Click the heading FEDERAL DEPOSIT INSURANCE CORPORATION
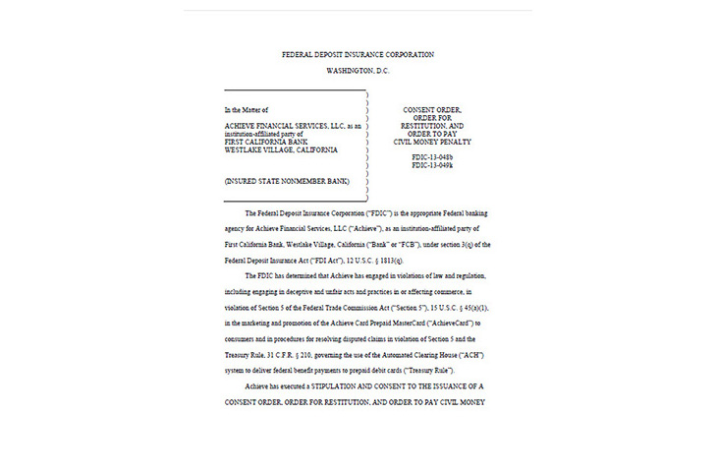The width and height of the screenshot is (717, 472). [x=358, y=54]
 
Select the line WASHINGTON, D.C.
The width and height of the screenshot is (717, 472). [x=358, y=73]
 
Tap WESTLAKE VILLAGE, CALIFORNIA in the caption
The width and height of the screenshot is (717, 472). [x=281, y=150]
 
